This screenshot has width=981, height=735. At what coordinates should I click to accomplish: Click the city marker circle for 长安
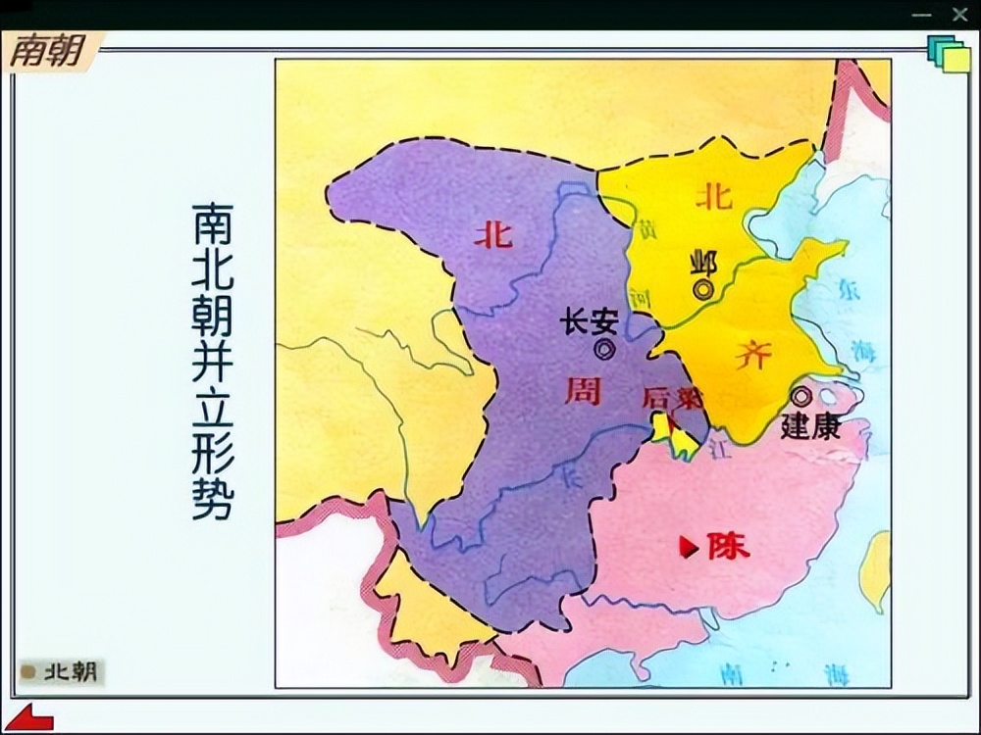pyautogui.click(x=604, y=348)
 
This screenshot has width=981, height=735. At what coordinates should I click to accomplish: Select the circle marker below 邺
pyautogui.click(x=703, y=289)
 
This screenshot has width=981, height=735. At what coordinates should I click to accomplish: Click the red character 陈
pyautogui.click(x=728, y=546)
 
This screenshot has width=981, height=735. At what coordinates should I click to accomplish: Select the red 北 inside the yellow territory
pyautogui.click(x=713, y=196)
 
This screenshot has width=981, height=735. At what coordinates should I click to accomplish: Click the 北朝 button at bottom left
pyautogui.click(x=61, y=672)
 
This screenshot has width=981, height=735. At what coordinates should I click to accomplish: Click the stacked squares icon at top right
pyautogui.click(x=949, y=54)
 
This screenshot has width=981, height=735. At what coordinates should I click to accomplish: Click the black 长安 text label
pyautogui.click(x=589, y=320)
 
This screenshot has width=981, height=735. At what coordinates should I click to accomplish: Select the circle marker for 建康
pyautogui.click(x=802, y=396)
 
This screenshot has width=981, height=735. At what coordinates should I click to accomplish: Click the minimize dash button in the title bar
pyautogui.click(x=921, y=15)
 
